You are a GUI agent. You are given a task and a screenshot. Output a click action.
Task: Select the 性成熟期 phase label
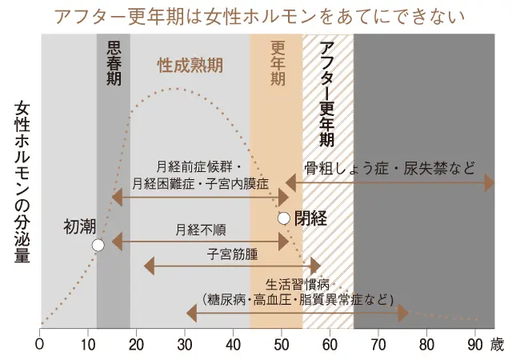point(190,63)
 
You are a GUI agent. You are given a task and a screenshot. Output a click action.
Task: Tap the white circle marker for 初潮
point(98,246)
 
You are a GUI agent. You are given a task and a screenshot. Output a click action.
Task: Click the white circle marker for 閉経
point(283,218)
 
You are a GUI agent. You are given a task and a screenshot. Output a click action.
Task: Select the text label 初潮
point(79,227)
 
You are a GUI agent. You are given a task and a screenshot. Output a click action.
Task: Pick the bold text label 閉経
point(310,218)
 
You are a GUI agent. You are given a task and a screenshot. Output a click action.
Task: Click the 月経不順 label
point(200,230)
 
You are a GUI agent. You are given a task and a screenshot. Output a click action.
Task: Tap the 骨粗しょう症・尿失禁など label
point(390,168)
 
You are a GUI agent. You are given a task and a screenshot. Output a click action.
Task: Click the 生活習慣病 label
point(297,286)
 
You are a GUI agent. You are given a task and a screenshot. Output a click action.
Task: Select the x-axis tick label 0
point(40,345)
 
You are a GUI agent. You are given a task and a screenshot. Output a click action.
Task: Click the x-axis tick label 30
point(185,345)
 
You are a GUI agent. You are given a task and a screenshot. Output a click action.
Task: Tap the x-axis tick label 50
point(282,345)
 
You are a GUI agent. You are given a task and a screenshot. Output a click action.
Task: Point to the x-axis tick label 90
point(475,345)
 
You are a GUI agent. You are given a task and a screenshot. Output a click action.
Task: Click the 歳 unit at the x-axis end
point(498,345)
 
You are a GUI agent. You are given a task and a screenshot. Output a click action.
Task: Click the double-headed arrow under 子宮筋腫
point(232,266)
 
